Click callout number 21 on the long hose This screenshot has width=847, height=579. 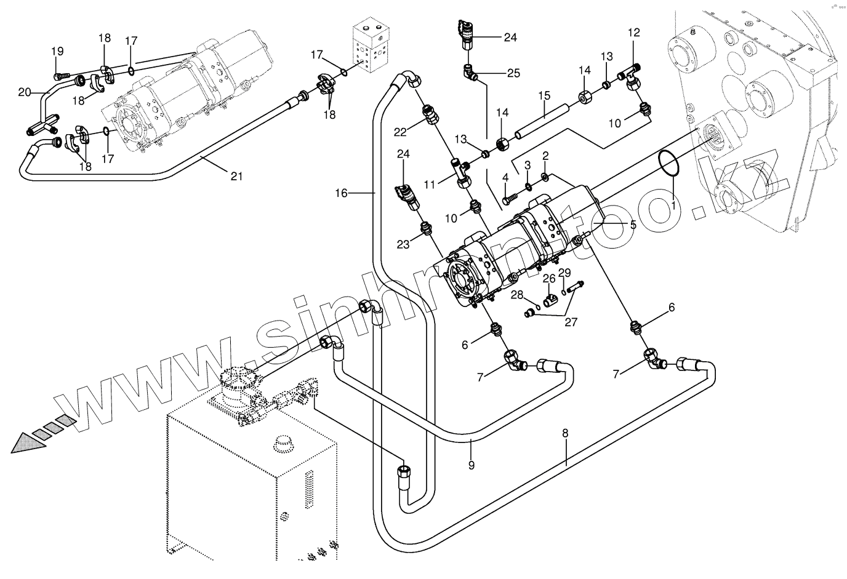[237, 176]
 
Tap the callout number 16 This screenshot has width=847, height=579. [341, 193]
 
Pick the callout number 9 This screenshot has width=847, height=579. [471, 465]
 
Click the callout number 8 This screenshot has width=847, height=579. [565, 433]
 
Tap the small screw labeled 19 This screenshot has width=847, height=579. [62, 76]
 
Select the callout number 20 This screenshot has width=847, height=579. [25, 92]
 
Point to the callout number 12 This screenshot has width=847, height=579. [634, 33]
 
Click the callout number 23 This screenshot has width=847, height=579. [403, 244]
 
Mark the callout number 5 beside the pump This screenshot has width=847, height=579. [633, 225]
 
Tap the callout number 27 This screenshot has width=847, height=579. [571, 322]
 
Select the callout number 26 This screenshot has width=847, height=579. [549, 279]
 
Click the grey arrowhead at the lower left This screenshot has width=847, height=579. [28, 443]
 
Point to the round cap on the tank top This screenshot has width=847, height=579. [284, 444]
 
